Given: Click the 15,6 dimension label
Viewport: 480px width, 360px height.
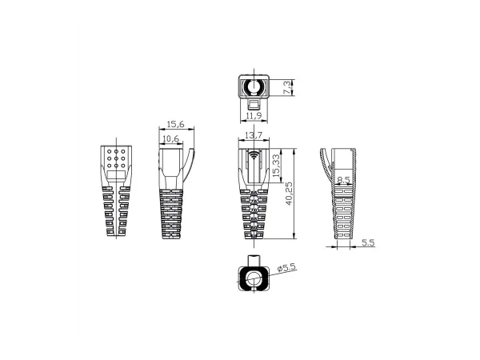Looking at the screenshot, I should [x=176, y=124].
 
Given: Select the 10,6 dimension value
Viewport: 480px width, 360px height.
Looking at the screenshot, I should [x=170, y=139].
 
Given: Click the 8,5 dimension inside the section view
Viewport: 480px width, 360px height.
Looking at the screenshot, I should [x=343, y=182].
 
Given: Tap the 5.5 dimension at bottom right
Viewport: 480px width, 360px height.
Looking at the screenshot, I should [x=367, y=242].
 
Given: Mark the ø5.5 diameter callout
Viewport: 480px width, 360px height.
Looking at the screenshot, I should [x=286, y=267].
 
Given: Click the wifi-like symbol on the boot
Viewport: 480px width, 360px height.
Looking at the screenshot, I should [x=254, y=154].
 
